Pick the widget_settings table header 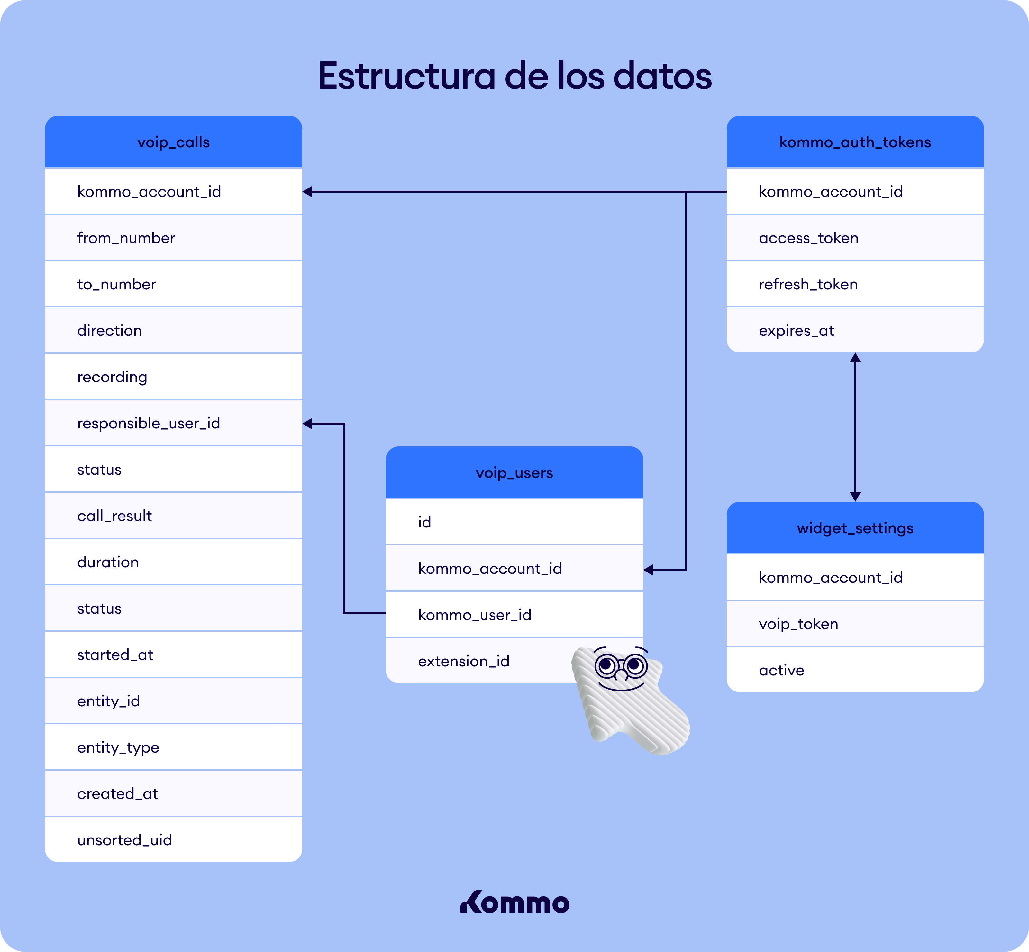point(855,528)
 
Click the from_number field point(126,238)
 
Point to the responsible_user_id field point(149,424)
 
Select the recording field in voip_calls point(112,377)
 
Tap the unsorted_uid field point(125,840)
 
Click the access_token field point(809,238)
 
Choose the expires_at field point(796,331)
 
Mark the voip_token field point(798,624)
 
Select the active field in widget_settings point(781,670)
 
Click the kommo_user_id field point(474,615)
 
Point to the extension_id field point(463,662)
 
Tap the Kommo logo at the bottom point(514,902)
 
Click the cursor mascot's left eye point(607,665)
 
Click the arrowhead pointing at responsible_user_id point(307,424)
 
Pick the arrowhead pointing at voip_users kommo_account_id point(648,570)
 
